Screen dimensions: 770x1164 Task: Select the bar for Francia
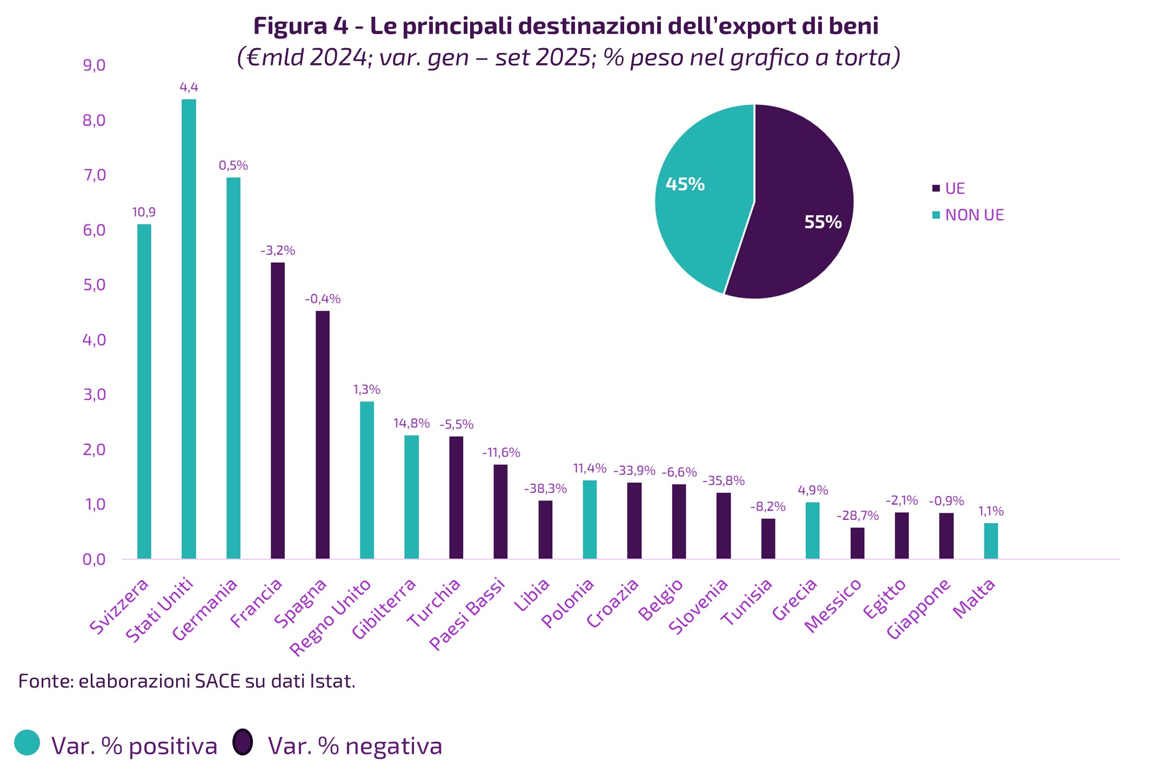(x=278, y=411)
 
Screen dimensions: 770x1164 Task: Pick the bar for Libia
(x=545, y=530)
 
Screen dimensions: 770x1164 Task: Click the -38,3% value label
(x=545, y=489)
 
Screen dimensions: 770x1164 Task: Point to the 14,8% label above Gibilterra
(x=411, y=423)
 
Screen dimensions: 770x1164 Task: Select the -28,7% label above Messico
(x=857, y=515)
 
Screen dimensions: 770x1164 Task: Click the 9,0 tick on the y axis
(x=94, y=65)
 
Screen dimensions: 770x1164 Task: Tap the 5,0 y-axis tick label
(x=94, y=285)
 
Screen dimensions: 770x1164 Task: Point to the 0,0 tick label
(x=94, y=559)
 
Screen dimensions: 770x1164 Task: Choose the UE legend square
(x=936, y=189)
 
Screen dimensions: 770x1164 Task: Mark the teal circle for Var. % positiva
(x=27, y=742)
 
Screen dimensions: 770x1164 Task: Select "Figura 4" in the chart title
(x=300, y=26)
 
